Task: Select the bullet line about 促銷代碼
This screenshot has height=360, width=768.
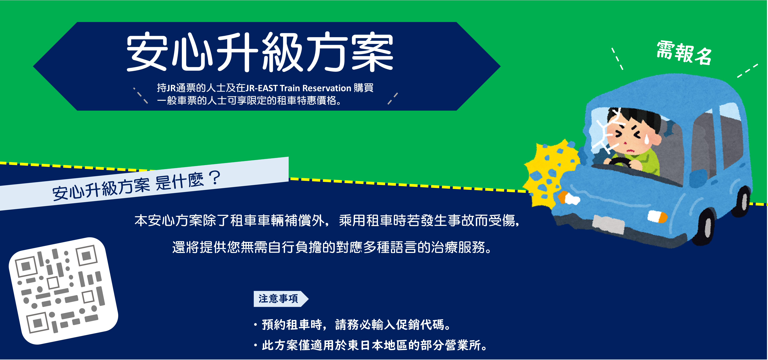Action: click(x=352, y=324)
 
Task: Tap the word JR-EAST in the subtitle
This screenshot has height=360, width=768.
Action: click(x=261, y=88)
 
